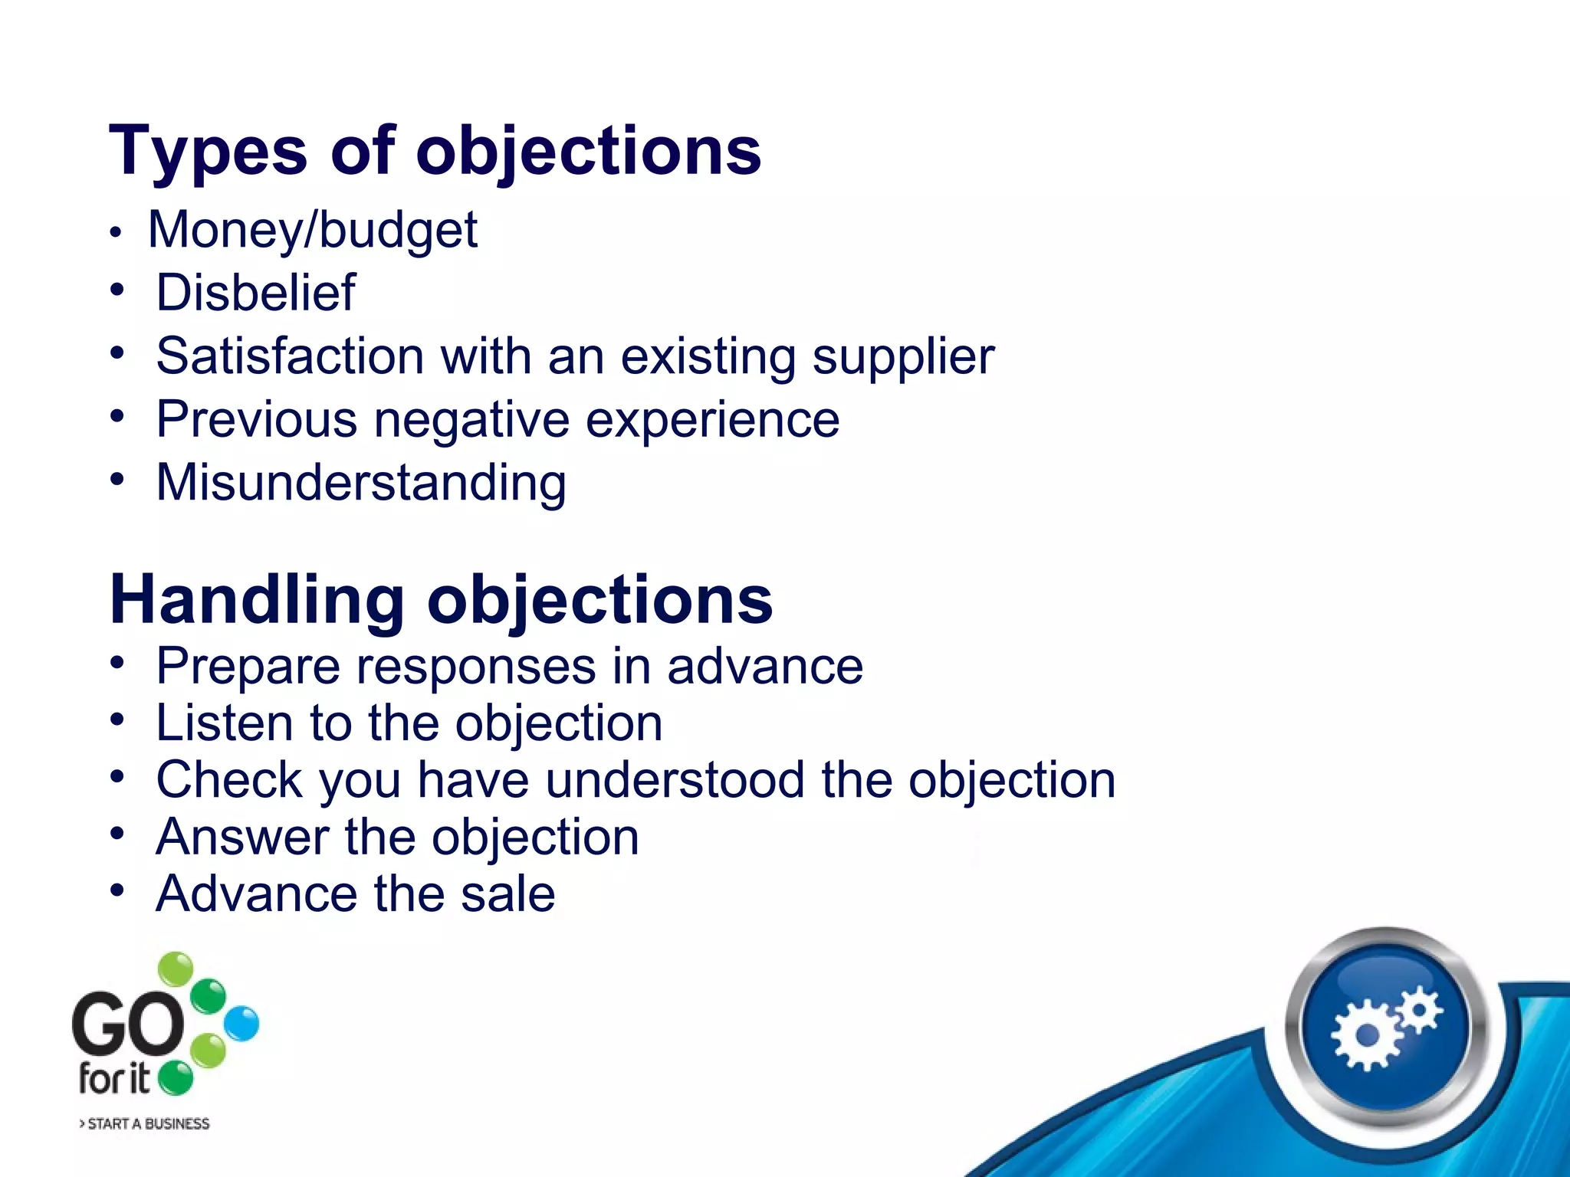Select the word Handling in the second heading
(x=257, y=600)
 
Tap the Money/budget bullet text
(x=313, y=230)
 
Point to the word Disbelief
(x=255, y=293)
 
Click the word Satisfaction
(x=290, y=356)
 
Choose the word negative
(x=471, y=420)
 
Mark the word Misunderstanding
(x=361, y=483)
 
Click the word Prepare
(x=248, y=667)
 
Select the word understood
(x=675, y=780)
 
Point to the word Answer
(x=242, y=837)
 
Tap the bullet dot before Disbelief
(x=117, y=290)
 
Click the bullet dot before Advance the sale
(x=117, y=891)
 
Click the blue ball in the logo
(x=241, y=1024)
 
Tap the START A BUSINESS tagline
(x=145, y=1124)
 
